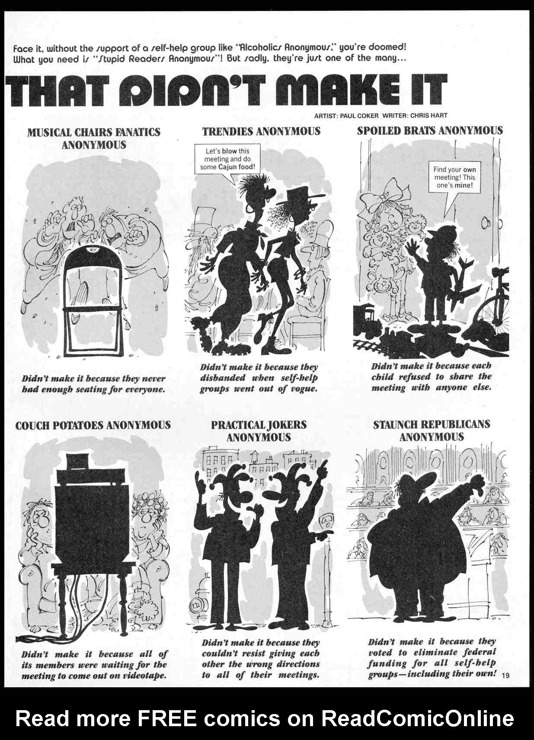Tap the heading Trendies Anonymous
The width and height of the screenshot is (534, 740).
click(x=261, y=131)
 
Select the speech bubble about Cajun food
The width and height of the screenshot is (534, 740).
click(x=227, y=159)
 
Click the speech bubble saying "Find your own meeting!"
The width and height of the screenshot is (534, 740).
click(x=454, y=177)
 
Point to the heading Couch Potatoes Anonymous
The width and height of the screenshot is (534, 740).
click(x=93, y=425)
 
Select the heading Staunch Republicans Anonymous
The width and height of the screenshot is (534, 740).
click(x=432, y=431)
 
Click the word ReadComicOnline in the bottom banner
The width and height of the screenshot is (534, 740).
click(x=417, y=718)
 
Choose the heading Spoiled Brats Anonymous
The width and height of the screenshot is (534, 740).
click(x=430, y=131)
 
